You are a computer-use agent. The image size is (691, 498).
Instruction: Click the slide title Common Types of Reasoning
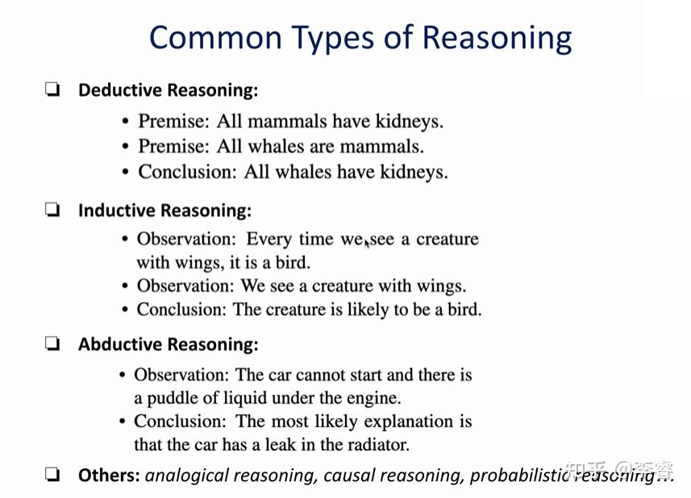(360, 38)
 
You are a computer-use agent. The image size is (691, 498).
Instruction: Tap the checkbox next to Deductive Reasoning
(52, 90)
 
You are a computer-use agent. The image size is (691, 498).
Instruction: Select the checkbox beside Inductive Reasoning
(52, 211)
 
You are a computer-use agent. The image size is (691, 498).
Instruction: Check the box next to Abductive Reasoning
(52, 345)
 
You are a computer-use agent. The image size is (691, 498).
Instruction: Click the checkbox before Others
(52, 475)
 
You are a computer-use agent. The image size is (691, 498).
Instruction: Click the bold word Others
(109, 475)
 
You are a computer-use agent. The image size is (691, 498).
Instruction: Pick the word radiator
(377, 444)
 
